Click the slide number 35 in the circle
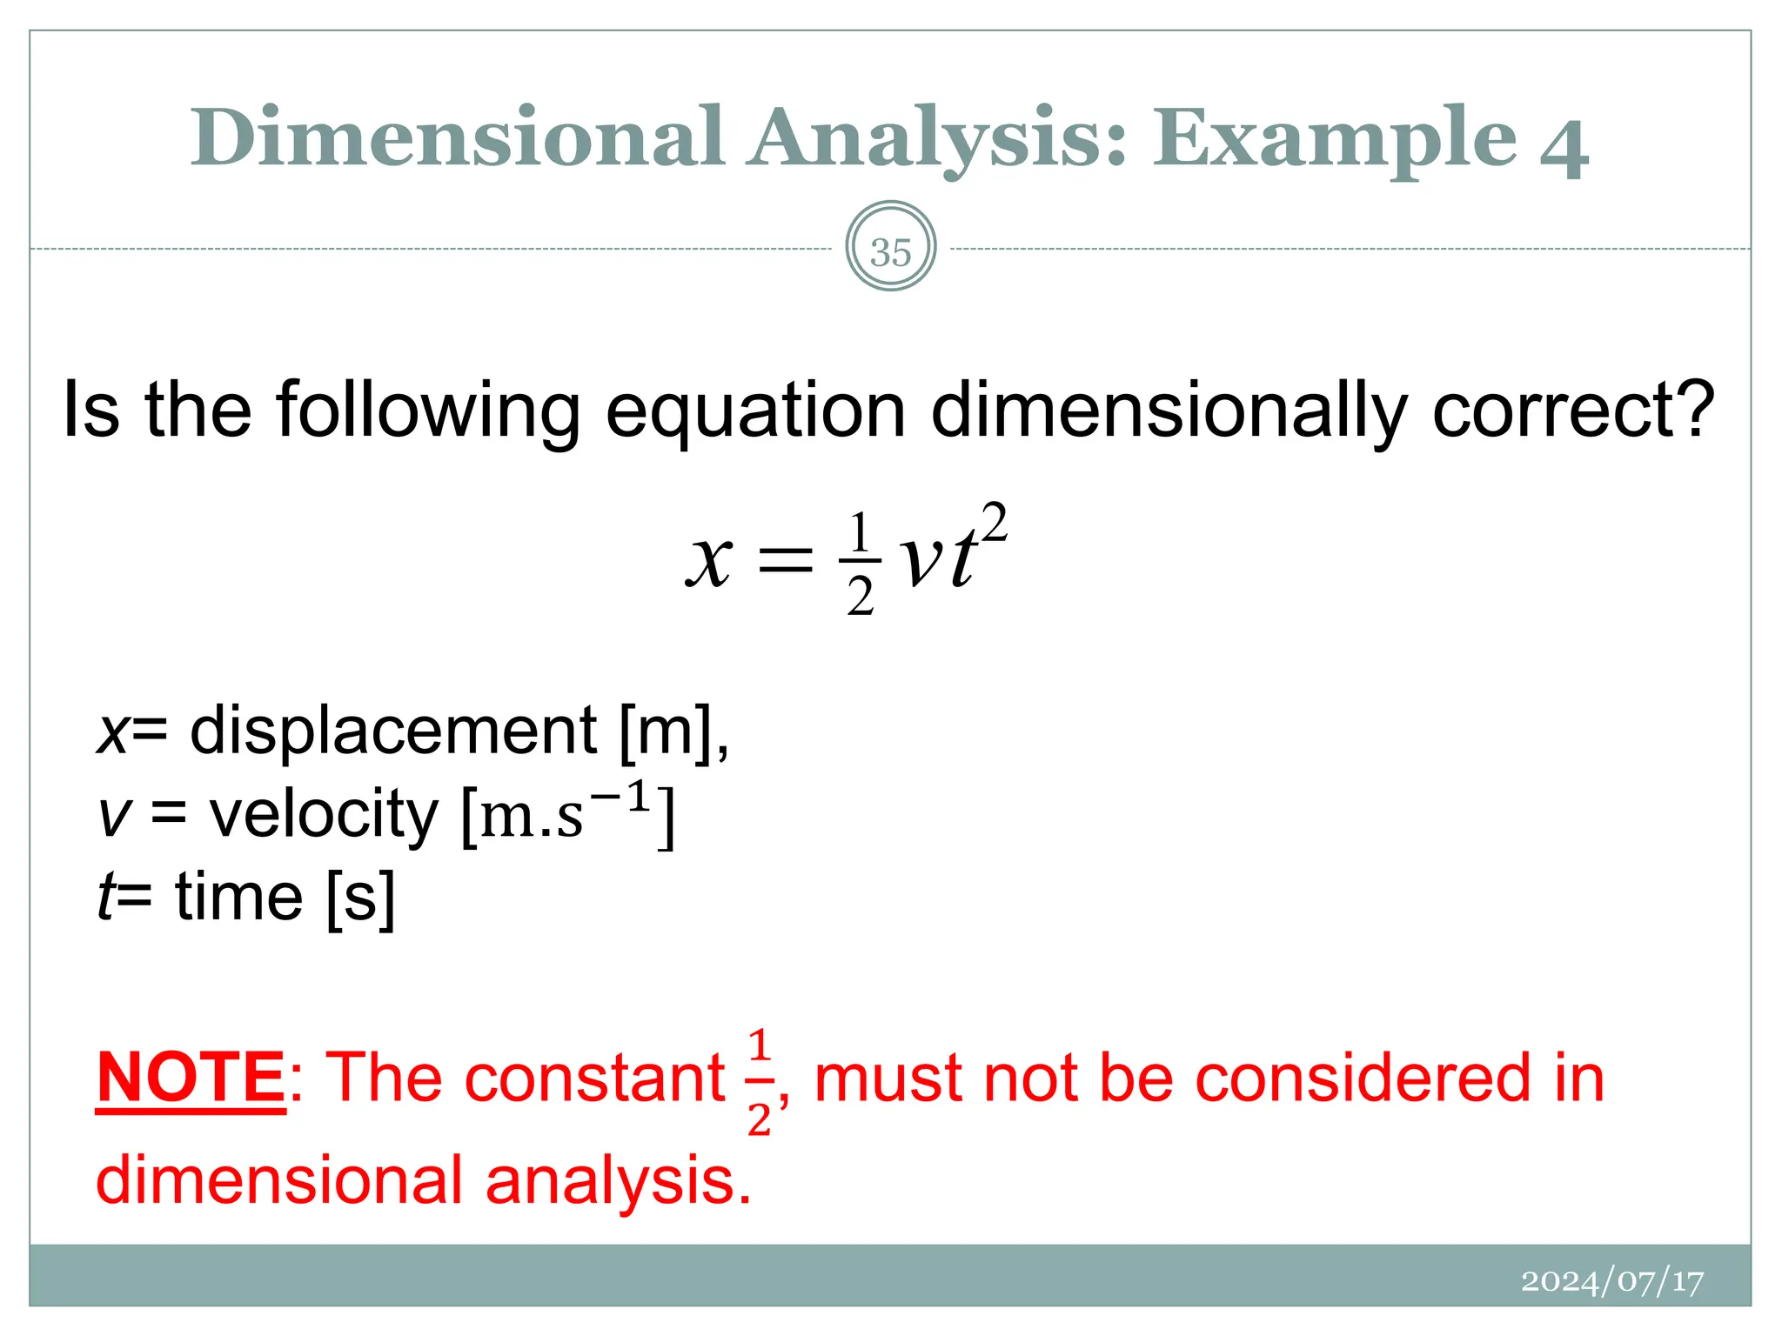point(890,252)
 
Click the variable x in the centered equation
point(709,561)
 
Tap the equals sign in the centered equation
point(786,561)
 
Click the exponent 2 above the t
point(994,524)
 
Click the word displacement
point(393,730)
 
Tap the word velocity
point(325,814)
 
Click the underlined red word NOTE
point(191,1078)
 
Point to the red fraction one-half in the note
point(759,1081)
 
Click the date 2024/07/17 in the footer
point(1611,1281)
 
